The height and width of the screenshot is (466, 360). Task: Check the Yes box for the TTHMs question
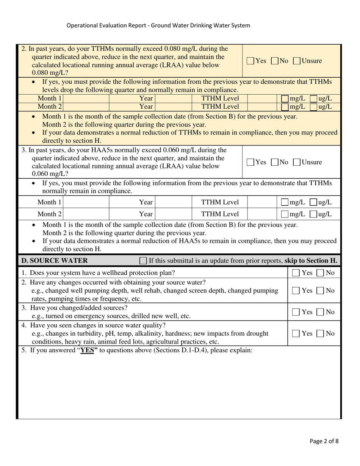[250, 61]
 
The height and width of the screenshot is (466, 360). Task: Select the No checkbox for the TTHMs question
[275, 61]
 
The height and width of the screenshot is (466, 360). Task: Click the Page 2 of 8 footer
[324, 441]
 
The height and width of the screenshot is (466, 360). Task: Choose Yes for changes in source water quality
[296, 334]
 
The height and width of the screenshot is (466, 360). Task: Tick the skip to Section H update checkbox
[143, 261]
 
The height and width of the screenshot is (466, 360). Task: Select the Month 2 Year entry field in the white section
[174, 214]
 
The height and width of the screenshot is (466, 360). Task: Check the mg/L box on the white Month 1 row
[285, 203]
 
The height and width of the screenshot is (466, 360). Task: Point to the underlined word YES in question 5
[87, 350]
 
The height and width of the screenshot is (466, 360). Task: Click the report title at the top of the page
[158, 26]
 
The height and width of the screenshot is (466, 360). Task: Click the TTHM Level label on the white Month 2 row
[220, 214]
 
